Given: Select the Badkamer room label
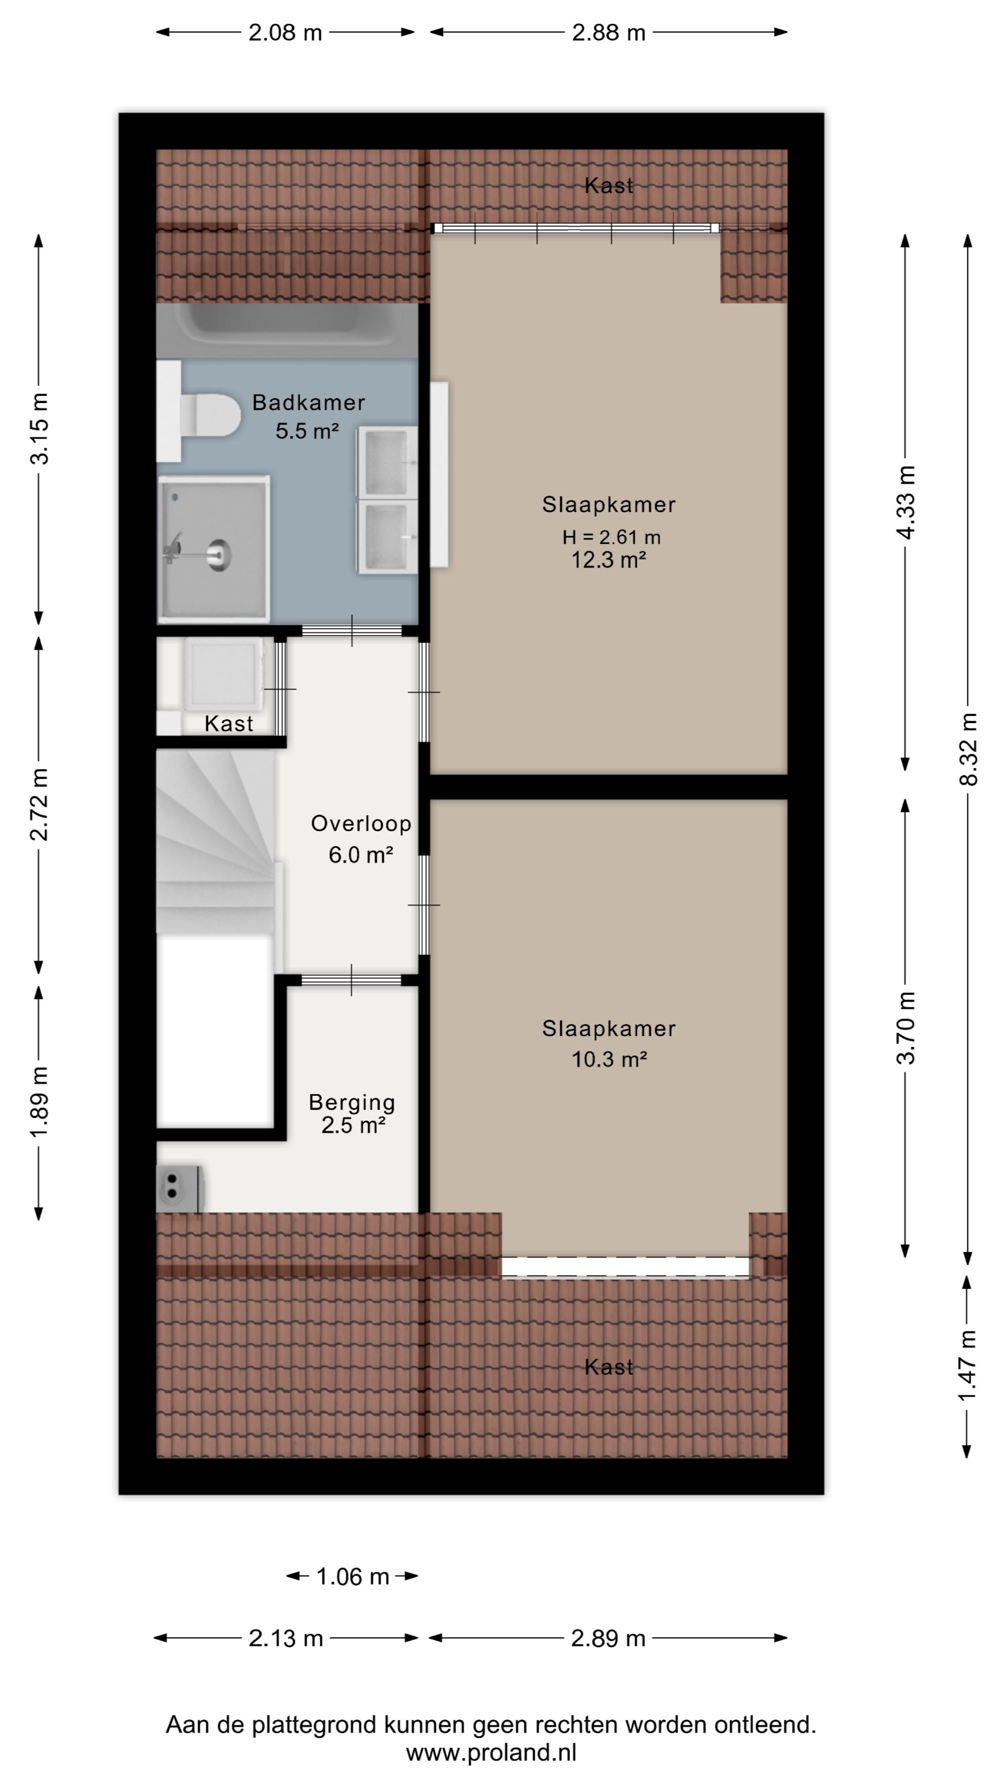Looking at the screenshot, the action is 309,402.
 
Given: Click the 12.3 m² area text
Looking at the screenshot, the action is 609,559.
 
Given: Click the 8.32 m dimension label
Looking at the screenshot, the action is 968,749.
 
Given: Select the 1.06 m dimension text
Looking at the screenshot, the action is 352,1577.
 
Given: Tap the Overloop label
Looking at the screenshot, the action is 361,824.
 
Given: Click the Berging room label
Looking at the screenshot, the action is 352,1102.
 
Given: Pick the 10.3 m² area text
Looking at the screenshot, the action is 609,1059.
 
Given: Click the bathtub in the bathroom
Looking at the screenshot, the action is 287,331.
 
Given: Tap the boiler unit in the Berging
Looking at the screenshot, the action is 179,1188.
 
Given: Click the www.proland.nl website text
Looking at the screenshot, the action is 491,1752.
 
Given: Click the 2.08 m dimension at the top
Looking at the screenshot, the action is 286,33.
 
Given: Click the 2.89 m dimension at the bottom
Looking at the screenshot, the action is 608,1639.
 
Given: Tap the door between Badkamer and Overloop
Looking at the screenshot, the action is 352,631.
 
